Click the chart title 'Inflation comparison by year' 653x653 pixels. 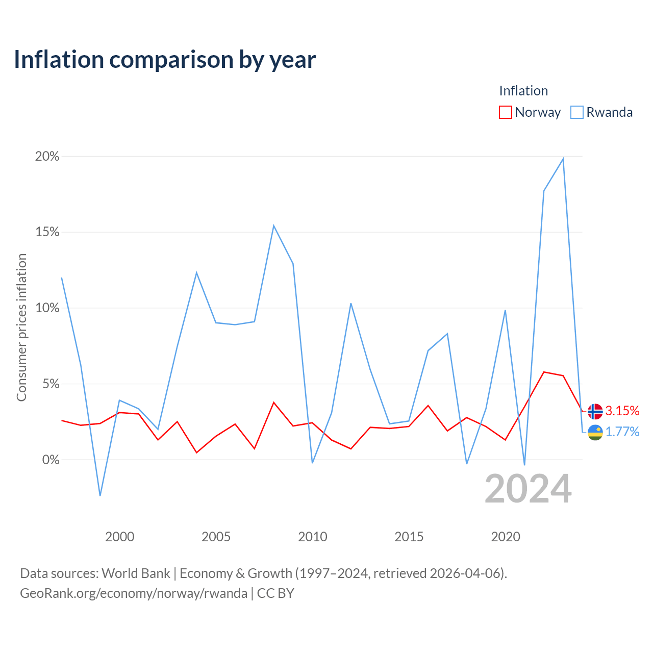click(x=165, y=60)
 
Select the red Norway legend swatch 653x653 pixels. click(x=505, y=112)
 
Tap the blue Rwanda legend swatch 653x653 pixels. click(x=577, y=112)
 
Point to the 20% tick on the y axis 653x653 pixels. click(x=47, y=156)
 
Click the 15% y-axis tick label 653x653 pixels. click(x=47, y=232)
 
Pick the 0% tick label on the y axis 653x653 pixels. click(x=51, y=460)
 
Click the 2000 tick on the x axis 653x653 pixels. click(x=119, y=537)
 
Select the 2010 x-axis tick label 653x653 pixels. click(x=312, y=537)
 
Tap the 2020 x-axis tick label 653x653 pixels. click(x=505, y=537)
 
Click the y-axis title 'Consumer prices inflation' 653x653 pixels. click(x=22, y=328)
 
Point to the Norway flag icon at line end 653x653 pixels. click(x=595, y=411)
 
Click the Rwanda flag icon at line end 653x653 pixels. click(x=595, y=433)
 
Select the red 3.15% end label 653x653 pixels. click(x=622, y=411)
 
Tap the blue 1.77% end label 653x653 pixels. click(x=622, y=432)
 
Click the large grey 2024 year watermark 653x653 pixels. click(x=528, y=489)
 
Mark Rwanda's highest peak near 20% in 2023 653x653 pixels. click(x=563, y=159)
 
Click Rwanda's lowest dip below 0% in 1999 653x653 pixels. click(x=100, y=495)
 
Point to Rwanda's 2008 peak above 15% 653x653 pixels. click(x=273, y=225)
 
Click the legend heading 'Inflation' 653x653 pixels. click(x=523, y=91)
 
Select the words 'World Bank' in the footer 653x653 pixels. click(x=136, y=573)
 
